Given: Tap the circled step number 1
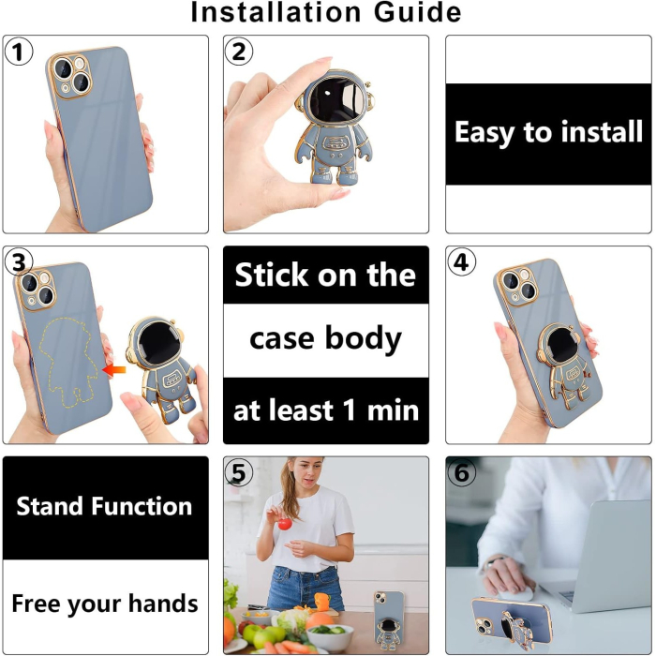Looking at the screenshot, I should [x=19, y=52].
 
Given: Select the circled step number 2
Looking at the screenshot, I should [x=240, y=52].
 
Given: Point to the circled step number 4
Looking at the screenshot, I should [x=461, y=263].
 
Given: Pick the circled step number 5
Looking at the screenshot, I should [x=240, y=474].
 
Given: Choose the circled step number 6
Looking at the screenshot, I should [x=461, y=474].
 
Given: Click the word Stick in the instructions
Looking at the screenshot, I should [x=272, y=276].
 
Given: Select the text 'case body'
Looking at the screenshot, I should [x=325, y=338].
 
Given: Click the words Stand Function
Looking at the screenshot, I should [x=104, y=507].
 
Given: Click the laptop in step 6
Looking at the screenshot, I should [x=604, y=553].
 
